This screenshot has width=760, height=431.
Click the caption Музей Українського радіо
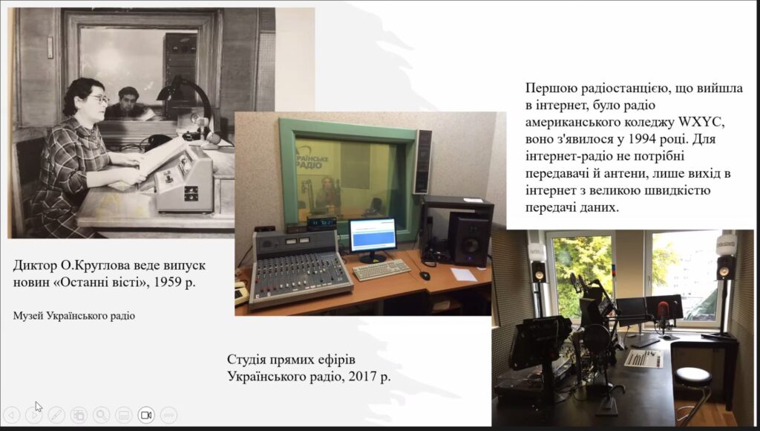click(x=74, y=316)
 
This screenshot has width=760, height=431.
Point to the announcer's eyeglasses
click(x=100, y=99)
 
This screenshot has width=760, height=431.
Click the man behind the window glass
click(x=127, y=103)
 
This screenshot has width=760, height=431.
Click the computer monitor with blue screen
click(x=373, y=239)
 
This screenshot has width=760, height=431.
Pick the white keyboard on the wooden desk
click(x=381, y=269)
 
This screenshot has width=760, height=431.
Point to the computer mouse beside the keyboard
click(x=425, y=275)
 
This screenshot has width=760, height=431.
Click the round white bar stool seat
click(x=693, y=376)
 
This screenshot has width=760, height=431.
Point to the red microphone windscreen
click(x=663, y=308)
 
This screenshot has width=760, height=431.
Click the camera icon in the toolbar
click(x=146, y=415)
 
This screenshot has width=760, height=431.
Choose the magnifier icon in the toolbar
click(x=101, y=415)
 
